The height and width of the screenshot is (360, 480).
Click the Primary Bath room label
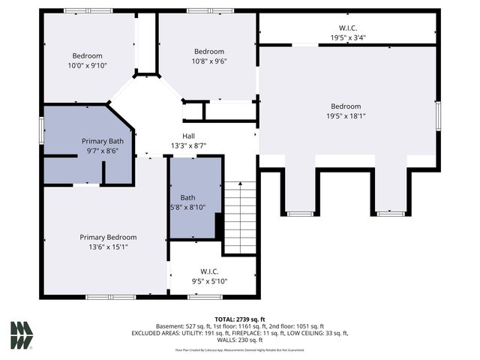tap(103, 140)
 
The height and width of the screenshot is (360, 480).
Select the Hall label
tap(188, 136)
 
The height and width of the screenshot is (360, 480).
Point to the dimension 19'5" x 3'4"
tap(347, 37)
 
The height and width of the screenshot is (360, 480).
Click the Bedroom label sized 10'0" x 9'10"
tap(92, 56)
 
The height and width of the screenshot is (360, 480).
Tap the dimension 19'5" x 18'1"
tap(346, 116)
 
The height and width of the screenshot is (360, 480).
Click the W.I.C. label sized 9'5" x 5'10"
tap(209, 271)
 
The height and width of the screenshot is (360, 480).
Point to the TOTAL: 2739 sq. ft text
tap(240, 319)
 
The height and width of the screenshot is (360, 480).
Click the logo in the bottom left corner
tap(21, 335)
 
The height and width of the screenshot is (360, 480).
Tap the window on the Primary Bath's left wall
tap(42, 128)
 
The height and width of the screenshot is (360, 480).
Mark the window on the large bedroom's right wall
tap(438, 116)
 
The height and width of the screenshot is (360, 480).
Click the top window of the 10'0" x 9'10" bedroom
tap(88, 11)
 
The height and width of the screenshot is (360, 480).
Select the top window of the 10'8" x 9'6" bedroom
tap(210, 11)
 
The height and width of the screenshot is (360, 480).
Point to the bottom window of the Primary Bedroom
tap(110, 297)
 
